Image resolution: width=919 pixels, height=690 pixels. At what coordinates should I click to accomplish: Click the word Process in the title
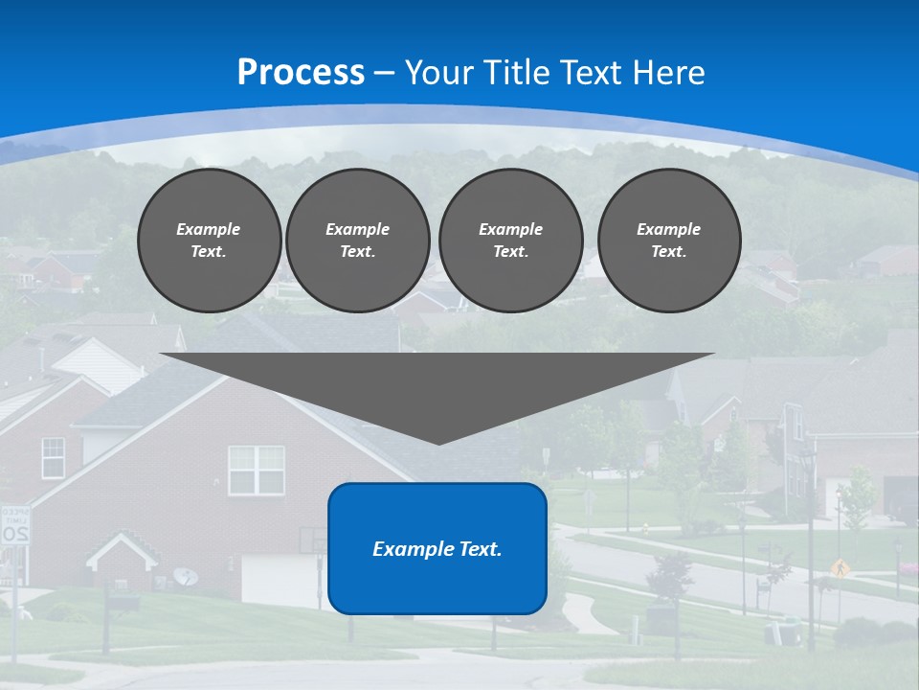coord(301,73)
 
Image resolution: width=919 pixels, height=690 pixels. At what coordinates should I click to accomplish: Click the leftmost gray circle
coord(209,241)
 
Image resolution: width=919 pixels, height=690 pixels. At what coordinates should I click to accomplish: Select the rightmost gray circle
coord(668,241)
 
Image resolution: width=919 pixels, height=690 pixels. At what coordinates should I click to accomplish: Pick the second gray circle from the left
coord(357,241)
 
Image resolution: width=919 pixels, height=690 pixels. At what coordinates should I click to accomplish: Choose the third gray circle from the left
coord(510,241)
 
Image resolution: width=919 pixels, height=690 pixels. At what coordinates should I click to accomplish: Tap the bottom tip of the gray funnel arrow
coord(438,442)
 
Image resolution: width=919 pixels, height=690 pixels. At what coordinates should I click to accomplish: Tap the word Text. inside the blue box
coord(481,549)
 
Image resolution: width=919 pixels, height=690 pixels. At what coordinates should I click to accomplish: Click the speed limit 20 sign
coord(14,527)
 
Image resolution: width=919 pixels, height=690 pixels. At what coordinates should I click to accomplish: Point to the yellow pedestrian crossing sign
coord(841,566)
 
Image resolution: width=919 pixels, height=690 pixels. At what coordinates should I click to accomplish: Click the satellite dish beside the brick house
coord(187,576)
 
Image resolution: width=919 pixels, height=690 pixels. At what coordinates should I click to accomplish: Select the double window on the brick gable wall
coord(256,470)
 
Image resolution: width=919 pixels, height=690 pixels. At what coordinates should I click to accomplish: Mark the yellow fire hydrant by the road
coord(648,526)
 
